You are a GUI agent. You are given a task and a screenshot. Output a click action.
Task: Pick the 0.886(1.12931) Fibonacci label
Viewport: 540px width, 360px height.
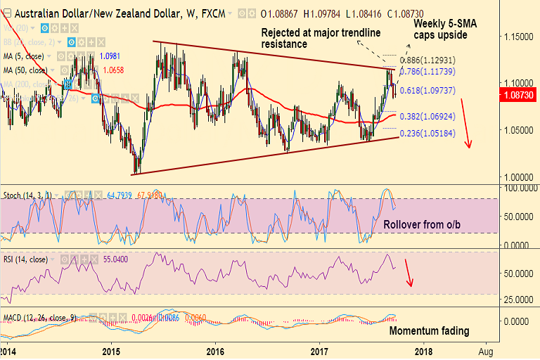pos(429,60)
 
